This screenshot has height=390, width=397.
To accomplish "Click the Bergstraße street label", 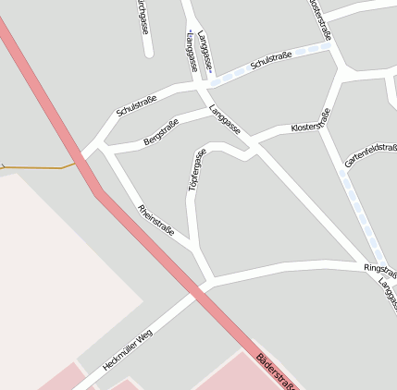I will [161, 132].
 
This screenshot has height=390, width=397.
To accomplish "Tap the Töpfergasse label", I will [196, 170].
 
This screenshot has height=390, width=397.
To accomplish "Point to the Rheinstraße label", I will [155, 220].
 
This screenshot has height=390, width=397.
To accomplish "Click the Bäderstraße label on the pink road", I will [278, 372].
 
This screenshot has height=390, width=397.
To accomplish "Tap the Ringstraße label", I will [379, 267].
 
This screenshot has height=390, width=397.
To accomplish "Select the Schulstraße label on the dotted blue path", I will [271, 61].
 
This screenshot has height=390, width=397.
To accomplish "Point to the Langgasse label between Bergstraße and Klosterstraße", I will [225, 121].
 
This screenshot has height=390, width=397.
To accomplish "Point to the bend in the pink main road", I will [95, 192].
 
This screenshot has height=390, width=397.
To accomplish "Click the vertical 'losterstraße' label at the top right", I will [319, 18].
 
